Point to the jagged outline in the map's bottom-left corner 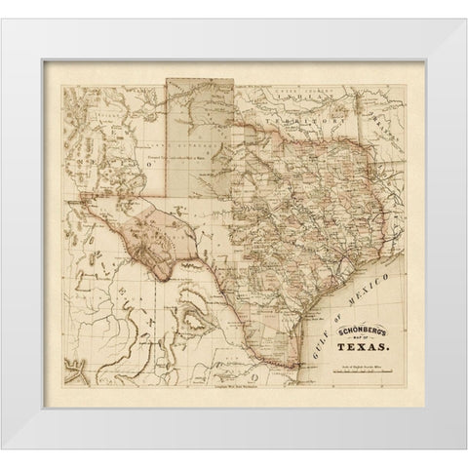coord(72,371)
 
